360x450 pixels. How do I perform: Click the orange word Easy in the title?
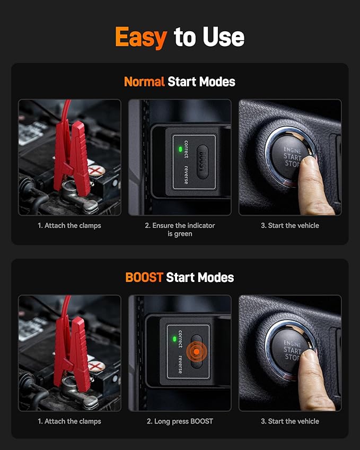[141, 37]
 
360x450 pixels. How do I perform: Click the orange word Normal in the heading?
[144, 82]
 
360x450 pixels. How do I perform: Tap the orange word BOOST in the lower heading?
[144, 277]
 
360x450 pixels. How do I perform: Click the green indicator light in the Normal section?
[180, 149]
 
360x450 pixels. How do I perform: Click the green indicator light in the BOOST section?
[174, 339]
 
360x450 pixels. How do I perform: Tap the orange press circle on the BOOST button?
[197, 351]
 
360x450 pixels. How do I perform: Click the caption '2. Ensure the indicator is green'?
[180, 230]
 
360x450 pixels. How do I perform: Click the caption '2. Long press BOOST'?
[180, 421]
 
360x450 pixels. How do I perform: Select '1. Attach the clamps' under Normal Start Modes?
[69, 225]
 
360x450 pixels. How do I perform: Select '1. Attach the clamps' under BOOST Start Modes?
[69, 421]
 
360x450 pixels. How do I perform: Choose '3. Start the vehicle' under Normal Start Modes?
[290, 225]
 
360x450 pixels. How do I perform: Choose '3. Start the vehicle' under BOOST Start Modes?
[290, 421]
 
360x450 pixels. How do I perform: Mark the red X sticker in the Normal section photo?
[96, 170]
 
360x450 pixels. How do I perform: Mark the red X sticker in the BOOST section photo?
[96, 366]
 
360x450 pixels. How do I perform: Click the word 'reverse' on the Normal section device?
[186, 174]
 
